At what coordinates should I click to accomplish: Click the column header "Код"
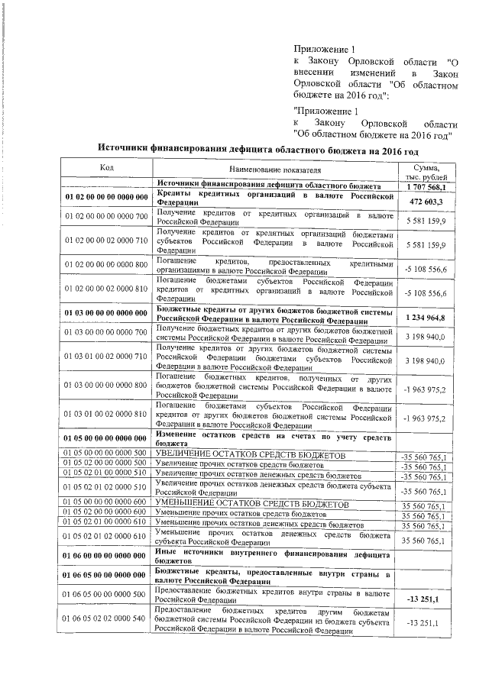click(107, 168)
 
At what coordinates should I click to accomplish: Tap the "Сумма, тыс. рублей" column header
click(426, 172)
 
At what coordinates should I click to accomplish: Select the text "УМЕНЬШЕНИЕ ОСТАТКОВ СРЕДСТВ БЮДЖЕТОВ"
click(253, 505)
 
